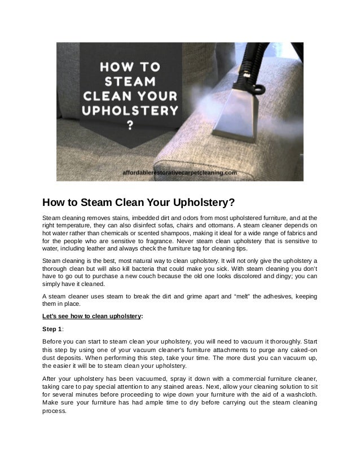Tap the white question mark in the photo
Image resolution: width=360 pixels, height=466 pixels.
pyautogui.click(x=130, y=125)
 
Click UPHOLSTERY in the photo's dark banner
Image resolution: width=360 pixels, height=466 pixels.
pyautogui.click(x=130, y=109)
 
